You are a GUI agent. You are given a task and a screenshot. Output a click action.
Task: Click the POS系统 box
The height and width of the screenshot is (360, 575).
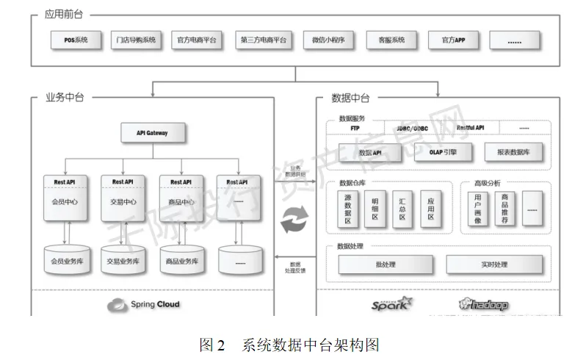pos(70,40)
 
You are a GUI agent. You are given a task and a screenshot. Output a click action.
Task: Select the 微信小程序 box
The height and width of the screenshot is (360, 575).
pos(324,40)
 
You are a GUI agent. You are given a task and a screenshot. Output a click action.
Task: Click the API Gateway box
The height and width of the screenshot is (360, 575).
pos(152,133)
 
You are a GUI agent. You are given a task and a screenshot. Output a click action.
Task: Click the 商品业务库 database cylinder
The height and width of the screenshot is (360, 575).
pos(181,260)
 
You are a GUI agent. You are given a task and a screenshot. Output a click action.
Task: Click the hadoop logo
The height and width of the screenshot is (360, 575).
pos(484,304)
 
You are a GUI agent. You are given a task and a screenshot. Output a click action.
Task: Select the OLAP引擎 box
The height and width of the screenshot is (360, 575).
pos(443,152)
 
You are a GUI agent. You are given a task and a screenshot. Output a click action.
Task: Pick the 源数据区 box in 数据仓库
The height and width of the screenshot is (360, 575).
pos(348,209)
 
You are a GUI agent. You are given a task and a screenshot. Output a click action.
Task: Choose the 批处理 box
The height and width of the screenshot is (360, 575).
pos(385,264)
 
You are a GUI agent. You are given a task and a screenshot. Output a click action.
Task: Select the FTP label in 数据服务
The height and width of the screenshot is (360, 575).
pos(355,128)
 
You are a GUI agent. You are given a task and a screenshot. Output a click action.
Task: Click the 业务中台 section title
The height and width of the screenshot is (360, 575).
pos(64,97)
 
